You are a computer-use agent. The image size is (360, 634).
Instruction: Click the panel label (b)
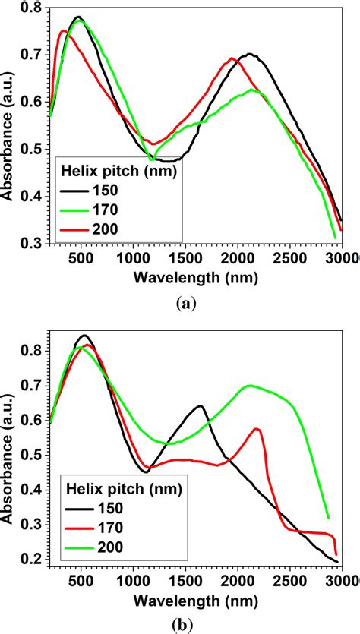point(186,624)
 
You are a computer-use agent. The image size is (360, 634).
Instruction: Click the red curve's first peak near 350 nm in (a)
point(64,31)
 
